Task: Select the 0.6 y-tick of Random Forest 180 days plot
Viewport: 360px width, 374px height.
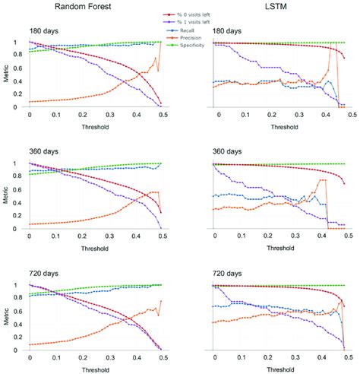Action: tap(19, 68)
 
